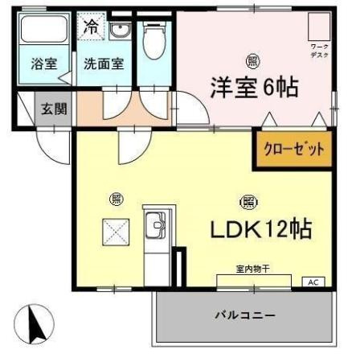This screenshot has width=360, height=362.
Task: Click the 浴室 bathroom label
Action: (43, 64)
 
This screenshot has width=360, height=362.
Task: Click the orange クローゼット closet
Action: (294, 149)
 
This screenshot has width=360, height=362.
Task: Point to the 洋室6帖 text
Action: (254, 86)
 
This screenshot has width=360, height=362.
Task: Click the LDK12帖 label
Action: (261, 229)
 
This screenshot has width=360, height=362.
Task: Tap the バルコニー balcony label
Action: (244, 315)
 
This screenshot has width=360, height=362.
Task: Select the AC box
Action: (313, 282)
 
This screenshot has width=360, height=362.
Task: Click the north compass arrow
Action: (34, 326)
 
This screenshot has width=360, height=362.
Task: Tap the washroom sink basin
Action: (120, 31)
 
